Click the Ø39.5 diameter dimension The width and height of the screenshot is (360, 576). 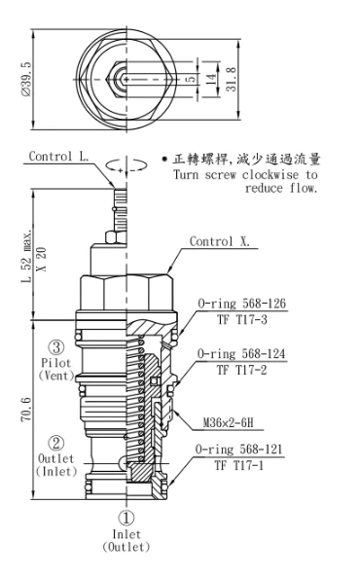point(26,79)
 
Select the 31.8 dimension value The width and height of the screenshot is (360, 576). point(231,79)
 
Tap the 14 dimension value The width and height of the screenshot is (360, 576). point(210,80)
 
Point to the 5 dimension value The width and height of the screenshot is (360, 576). point(191,79)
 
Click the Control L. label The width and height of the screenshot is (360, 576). point(58,156)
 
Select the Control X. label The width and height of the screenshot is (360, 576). point(220,241)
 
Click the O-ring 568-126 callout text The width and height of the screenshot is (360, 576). point(241,304)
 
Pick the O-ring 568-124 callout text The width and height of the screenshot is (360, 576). point(241,354)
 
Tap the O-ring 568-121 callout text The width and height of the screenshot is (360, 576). point(238,450)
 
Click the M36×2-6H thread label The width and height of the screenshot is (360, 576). point(229,423)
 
